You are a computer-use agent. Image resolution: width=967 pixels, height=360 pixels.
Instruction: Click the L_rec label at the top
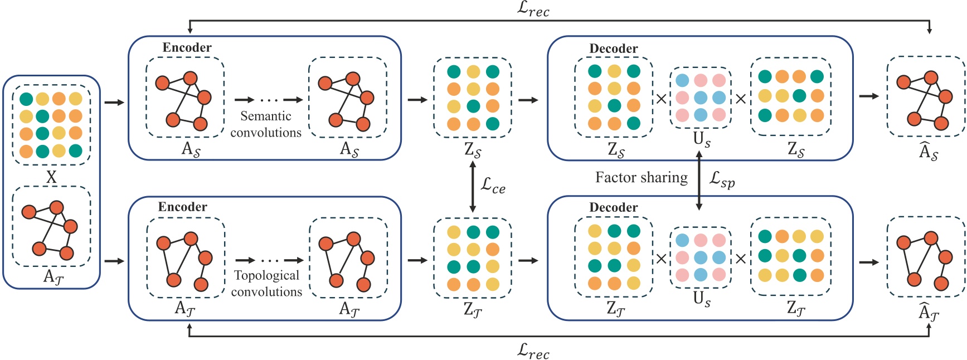pyautogui.click(x=533, y=9)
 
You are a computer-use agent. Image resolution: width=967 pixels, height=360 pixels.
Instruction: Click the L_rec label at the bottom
pyautogui.click(x=533, y=351)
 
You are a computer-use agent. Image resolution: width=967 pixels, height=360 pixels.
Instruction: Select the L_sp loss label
pyautogui.click(x=722, y=179)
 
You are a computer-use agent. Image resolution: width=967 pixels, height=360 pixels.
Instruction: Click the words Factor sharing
pyautogui.click(x=641, y=177)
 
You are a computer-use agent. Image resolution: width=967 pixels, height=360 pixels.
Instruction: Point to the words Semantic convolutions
pyautogui.click(x=266, y=124)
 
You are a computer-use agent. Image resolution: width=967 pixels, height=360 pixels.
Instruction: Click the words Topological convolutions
pyautogui.click(x=266, y=283)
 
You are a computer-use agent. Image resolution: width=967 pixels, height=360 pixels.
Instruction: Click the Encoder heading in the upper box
pyautogui.click(x=187, y=47)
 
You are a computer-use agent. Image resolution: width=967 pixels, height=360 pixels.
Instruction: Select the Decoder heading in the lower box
pyautogui.click(x=613, y=207)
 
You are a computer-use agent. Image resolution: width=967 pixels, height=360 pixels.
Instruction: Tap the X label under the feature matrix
pyautogui.click(x=51, y=177)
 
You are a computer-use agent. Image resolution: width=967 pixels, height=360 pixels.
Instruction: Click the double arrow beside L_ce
pyautogui.click(x=473, y=187)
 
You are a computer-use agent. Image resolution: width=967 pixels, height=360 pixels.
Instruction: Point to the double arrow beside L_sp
pyautogui.click(x=699, y=182)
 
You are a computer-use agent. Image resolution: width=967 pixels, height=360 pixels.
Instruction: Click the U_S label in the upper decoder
pyautogui.click(x=701, y=139)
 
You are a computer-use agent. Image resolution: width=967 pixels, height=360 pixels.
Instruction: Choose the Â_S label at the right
pyautogui.click(x=928, y=151)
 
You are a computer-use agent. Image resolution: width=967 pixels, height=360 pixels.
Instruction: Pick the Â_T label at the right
pyautogui.click(x=928, y=313)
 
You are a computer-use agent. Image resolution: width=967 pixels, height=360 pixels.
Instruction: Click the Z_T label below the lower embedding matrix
pyautogui.click(x=473, y=310)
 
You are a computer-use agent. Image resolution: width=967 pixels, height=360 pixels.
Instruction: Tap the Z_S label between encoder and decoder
pyautogui.click(x=473, y=150)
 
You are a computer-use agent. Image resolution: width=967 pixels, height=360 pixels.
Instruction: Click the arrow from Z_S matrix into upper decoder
pyautogui.click(x=528, y=100)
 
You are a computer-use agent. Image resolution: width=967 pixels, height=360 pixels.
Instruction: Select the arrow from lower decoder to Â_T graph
pyautogui.click(x=869, y=262)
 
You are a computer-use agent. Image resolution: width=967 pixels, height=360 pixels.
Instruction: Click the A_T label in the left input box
pyautogui.click(x=52, y=277)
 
